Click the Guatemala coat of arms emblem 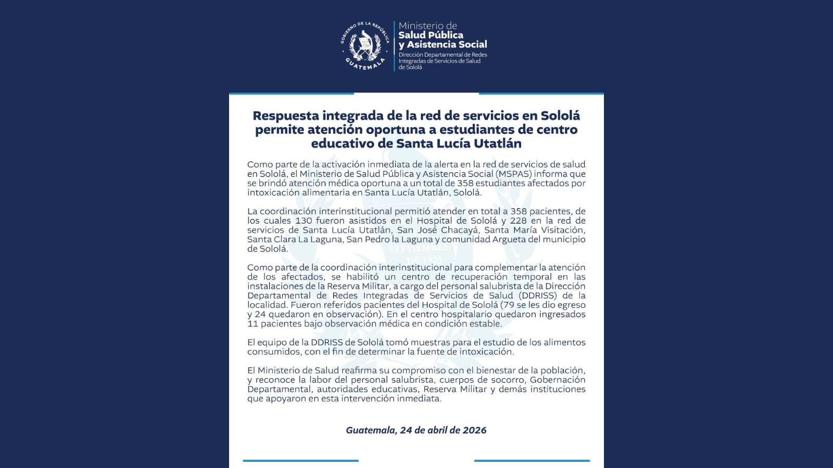[x=365, y=46]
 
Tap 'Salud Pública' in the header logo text [x=431, y=35]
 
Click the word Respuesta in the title [x=285, y=115]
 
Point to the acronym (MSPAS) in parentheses [x=513, y=174]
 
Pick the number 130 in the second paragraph [x=304, y=220]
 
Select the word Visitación [x=563, y=230]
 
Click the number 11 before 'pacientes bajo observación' [x=253, y=323]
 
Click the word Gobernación [x=558, y=380]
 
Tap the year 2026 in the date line [x=475, y=430]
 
